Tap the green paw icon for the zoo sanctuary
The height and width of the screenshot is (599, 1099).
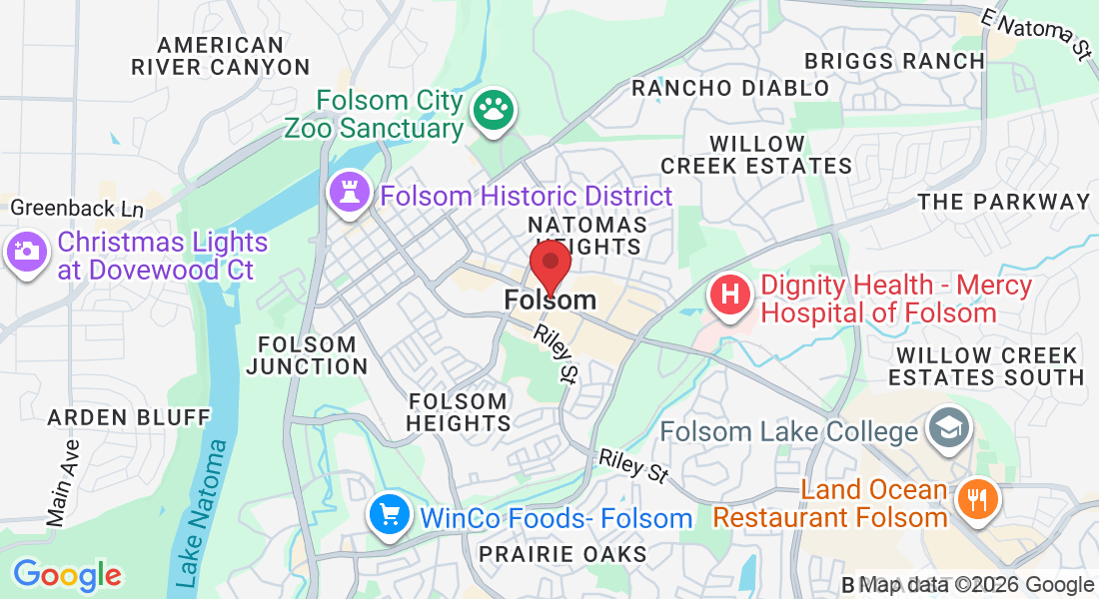pos(491,113)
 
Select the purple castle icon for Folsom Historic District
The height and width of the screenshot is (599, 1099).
pos(350,195)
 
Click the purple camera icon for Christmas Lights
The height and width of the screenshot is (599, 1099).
pos(26,251)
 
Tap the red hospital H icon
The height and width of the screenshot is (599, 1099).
pos(730,297)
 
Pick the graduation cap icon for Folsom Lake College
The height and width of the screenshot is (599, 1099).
pos(944,429)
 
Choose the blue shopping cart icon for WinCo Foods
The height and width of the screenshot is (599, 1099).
pos(388,515)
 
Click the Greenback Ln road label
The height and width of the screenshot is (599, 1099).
pos(76,210)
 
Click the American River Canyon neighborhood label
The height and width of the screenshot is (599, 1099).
pos(221,56)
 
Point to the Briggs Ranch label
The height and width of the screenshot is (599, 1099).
pos(895,61)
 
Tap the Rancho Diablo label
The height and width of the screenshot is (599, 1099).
pos(730,88)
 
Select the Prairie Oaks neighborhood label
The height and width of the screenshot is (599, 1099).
pos(562,553)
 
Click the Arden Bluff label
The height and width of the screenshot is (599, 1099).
pos(129,416)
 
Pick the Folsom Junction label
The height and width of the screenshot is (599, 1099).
pos(307,355)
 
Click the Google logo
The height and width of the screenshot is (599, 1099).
pos(67,575)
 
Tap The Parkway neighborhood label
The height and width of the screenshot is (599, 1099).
pos(1004,202)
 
